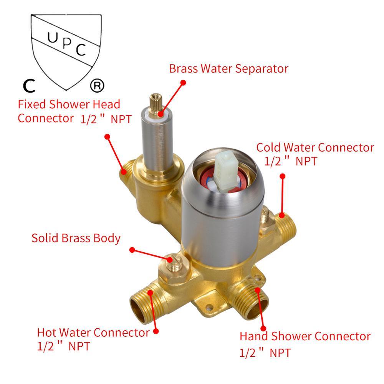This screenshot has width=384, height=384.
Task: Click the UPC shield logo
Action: click(x=66, y=51)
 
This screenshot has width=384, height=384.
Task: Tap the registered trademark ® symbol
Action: click(x=97, y=86)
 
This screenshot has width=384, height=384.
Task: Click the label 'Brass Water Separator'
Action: click(x=228, y=69)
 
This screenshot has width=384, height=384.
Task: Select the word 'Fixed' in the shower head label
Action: click(x=32, y=104)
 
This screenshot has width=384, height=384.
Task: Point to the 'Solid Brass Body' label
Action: click(x=76, y=238)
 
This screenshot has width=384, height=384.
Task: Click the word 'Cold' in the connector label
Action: click(x=268, y=148)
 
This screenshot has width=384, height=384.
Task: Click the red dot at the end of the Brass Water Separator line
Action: click(x=183, y=83)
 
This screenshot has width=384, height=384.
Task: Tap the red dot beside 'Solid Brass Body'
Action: click(x=132, y=250)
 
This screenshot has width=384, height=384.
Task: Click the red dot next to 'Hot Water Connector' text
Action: click(x=156, y=331)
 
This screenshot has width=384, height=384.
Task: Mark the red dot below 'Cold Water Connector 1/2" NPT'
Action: click(x=282, y=176)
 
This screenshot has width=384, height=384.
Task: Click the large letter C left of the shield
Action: click(x=29, y=86)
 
